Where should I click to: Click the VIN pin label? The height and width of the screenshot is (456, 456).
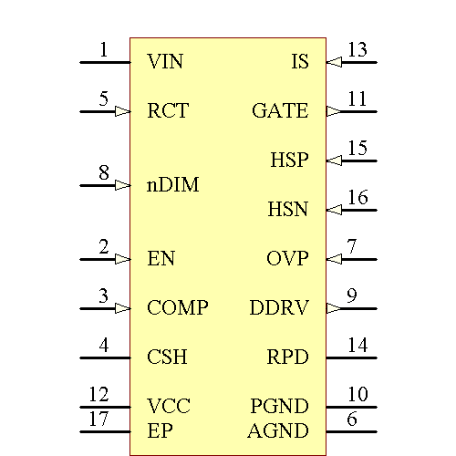(x=165, y=62)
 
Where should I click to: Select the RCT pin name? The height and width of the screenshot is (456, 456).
(x=168, y=111)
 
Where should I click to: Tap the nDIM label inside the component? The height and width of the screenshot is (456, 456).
(x=172, y=185)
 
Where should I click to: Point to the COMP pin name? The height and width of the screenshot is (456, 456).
(x=177, y=308)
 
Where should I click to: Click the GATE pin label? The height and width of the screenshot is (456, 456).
(x=280, y=111)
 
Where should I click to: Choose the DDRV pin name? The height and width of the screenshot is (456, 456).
(x=279, y=308)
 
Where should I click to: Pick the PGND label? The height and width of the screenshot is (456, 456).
(x=279, y=407)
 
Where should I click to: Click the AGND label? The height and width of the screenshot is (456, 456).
(x=278, y=431)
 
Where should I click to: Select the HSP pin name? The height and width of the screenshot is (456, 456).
(x=289, y=161)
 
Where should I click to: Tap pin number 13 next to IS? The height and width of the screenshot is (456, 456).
(x=358, y=50)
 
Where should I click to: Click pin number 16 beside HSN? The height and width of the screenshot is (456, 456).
(x=358, y=198)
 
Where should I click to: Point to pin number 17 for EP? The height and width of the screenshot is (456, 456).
(x=98, y=420)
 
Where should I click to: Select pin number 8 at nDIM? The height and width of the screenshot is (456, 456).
(x=104, y=172)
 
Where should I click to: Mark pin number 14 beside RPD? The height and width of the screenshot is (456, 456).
(x=358, y=346)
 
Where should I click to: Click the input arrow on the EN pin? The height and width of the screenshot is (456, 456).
(x=123, y=259)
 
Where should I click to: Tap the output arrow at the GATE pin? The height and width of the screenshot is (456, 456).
(x=334, y=111)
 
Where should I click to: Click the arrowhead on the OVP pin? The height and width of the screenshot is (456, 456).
(x=334, y=259)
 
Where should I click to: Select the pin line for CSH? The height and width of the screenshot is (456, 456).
(x=105, y=358)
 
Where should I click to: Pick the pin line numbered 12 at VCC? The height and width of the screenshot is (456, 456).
(x=105, y=407)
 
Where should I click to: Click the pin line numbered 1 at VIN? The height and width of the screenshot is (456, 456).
(x=105, y=62)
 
